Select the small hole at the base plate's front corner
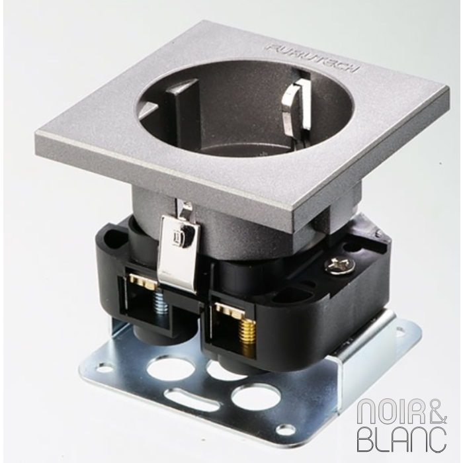pos(285,429)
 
